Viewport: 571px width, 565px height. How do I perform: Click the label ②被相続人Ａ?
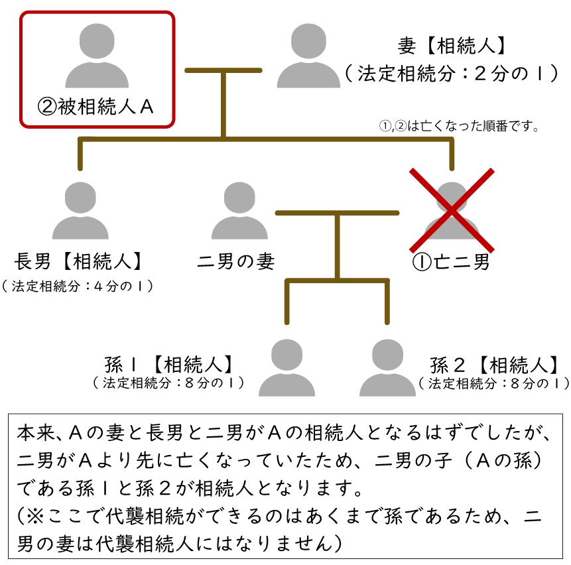pos(96,107)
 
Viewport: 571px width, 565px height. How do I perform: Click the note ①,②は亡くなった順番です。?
pos(458,126)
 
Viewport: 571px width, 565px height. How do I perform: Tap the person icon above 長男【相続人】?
pos(80,210)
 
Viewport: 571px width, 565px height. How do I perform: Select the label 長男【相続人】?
pos(80,261)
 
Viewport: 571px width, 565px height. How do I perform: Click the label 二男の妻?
pos(236,261)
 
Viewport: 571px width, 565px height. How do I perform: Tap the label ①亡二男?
pos(452,262)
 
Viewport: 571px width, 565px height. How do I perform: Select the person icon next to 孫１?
pos(286,367)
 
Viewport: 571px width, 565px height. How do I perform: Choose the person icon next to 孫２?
pos(387,367)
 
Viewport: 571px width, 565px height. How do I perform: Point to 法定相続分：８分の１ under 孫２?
pos(494,383)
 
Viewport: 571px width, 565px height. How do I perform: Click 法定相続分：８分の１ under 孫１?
pos(169,383)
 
